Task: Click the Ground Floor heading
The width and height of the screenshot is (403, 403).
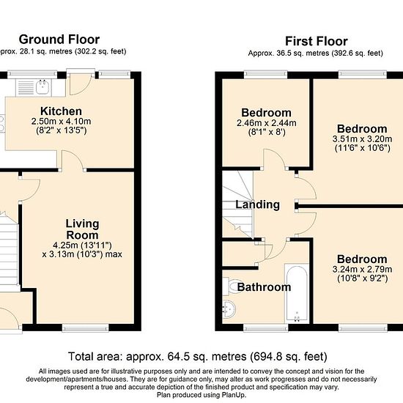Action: coord(59,40)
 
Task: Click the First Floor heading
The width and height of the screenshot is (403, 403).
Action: coord(317,41)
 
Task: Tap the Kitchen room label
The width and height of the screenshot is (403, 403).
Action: coord(61,111)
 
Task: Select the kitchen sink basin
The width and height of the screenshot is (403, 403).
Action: coord(42,87)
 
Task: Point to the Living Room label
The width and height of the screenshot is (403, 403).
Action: coord(82,229)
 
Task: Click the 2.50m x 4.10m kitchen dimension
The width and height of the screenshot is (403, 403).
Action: coord(61,122)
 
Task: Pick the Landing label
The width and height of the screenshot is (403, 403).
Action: coord(258,205)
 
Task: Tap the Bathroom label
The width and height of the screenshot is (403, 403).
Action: coord(264,287)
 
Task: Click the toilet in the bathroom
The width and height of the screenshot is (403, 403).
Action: coord(232,286)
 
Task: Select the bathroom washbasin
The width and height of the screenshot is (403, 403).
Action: coord(229,310)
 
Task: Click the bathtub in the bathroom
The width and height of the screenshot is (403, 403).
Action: coord(297,293)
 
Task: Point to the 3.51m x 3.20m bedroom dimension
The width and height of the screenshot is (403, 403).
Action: coord(362,139)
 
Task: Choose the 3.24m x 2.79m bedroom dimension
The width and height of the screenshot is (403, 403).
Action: coord(362,270)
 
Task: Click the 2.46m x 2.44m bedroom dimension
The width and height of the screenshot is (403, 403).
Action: coord(266,123)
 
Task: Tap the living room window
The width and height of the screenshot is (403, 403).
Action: coord(85,328)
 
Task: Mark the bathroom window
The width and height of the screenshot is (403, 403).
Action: coord(266,328)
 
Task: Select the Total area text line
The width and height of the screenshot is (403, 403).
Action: coord(197,357)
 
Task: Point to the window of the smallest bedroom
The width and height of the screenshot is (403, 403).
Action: coord(265,75)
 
